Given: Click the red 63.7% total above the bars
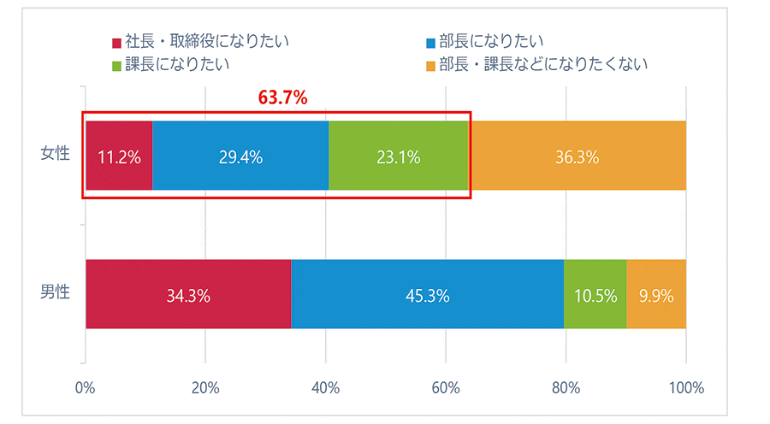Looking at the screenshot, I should [282, 97].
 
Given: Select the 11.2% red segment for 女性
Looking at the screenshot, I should [119, 156].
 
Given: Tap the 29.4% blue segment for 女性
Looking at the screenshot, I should [240, 156].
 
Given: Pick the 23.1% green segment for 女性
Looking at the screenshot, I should [399, 156].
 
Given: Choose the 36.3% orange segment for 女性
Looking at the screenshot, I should [577, 156].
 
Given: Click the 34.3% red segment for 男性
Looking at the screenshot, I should [188, 295].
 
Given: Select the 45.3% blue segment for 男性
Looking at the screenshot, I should [428, 295].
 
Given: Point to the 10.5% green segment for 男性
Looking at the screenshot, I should [595, 295].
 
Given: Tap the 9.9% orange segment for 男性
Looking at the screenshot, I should [656, 295].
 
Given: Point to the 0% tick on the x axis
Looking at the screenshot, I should [85, 388].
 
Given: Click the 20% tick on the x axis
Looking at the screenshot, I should [205, 388].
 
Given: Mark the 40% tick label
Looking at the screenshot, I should [325, 388].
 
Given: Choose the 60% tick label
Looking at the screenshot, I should [445, 388].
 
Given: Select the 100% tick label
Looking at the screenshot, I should [685, 388].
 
